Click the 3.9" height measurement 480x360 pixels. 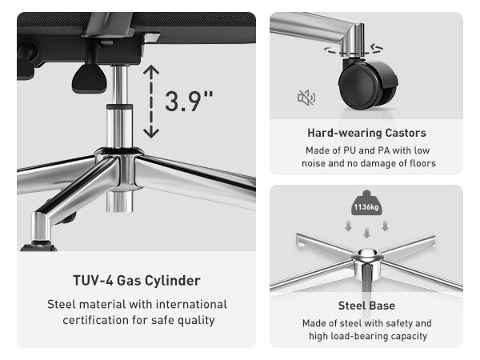189,102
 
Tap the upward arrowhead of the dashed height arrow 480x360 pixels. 151,70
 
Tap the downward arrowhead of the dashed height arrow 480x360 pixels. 151,133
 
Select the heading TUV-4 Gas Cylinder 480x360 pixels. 137,281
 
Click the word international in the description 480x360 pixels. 192,304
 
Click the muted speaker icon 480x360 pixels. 306,98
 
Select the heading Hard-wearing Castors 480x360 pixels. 366,133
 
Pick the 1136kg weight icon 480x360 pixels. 366,203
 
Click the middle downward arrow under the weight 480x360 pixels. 366,232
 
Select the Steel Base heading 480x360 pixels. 366,306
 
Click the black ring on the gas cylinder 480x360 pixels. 120,107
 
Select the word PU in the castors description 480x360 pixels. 350,150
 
